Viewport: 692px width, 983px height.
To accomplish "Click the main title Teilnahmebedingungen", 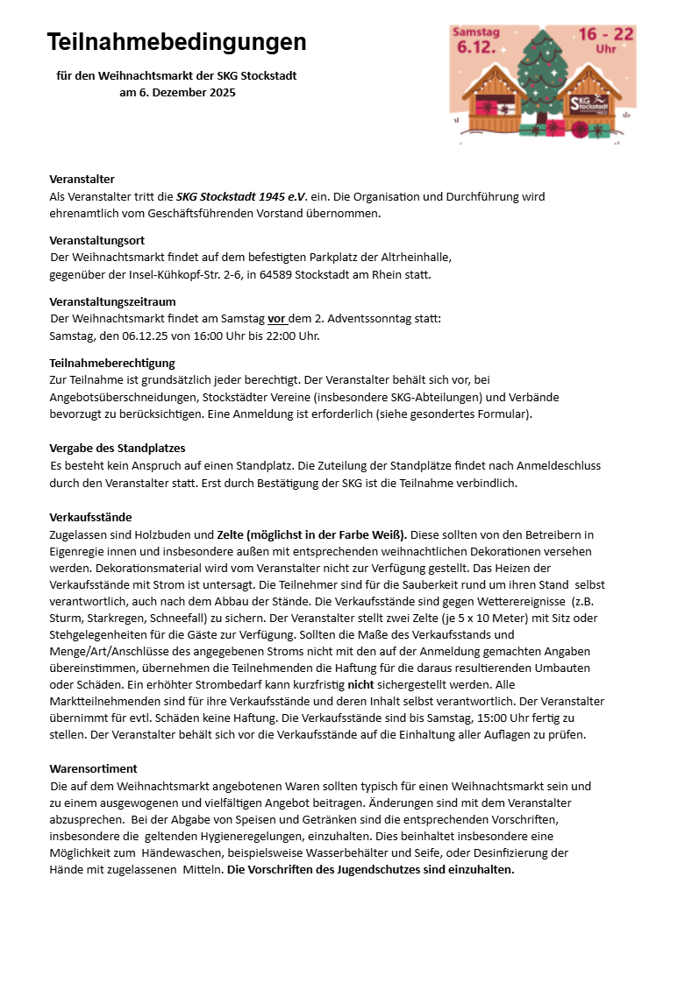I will tap(176, 42).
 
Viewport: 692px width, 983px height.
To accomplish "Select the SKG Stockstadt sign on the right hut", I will tap(589, 103).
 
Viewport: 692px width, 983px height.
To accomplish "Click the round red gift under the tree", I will tap(579, 130).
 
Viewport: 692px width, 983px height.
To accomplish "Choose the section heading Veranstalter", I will tap(82, 179).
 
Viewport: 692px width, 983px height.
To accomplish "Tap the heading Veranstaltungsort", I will tap(96, 240).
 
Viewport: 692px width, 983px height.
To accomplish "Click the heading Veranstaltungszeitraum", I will tap(112, 301).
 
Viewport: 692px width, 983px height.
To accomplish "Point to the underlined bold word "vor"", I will tap(277, 319).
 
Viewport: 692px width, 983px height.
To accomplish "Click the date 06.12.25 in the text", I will tap(147, 336).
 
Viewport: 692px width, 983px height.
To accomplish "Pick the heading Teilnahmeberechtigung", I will tap(111, 363).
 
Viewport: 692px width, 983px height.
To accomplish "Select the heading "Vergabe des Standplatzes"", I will tap(118, 448).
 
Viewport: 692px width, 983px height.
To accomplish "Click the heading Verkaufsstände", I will tap(90, 517).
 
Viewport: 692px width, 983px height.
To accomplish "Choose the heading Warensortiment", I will tap(93, 768).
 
